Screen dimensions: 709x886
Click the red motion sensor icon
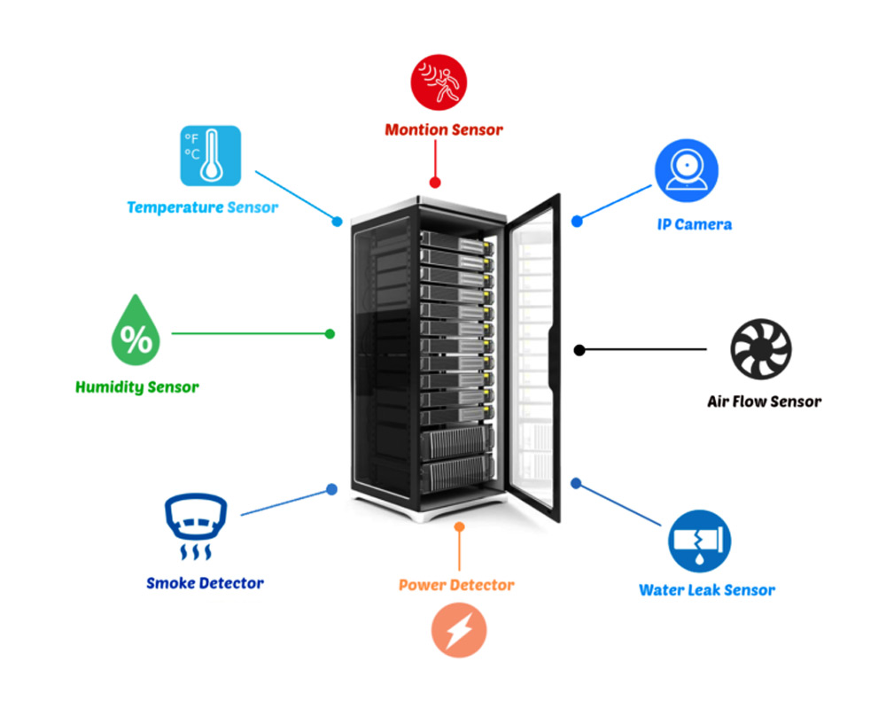(x=438, y=82)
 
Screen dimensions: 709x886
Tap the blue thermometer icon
(x=211, y=155)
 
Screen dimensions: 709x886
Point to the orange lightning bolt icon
(x=459, y=629)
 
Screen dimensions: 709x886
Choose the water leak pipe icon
(x=700, y=541)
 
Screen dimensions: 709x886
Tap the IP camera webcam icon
(x=686, y=170)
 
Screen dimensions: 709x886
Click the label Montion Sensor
(x=444, y=130)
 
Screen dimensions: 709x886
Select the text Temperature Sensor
(x=202, y=207)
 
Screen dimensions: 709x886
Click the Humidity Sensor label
(x=136, y=387)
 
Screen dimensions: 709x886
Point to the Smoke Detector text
(x=205, y=583)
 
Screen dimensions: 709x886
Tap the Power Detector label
(x=456, y=585)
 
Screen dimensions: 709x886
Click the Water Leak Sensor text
(x=707, y=590)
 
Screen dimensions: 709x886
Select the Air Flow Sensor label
(x=764, y=401)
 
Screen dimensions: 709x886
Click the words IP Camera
(x=695, y=224)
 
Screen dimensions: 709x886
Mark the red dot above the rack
(x=435, y=183)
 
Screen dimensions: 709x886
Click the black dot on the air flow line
(x=579, y=350)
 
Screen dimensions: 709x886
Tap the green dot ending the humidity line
(x=330, y=334)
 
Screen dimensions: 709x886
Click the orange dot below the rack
(x=459, y=527)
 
